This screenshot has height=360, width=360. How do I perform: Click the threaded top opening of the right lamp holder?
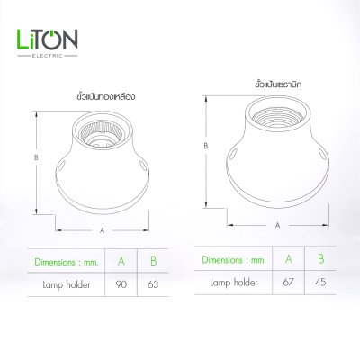(276, 116)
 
